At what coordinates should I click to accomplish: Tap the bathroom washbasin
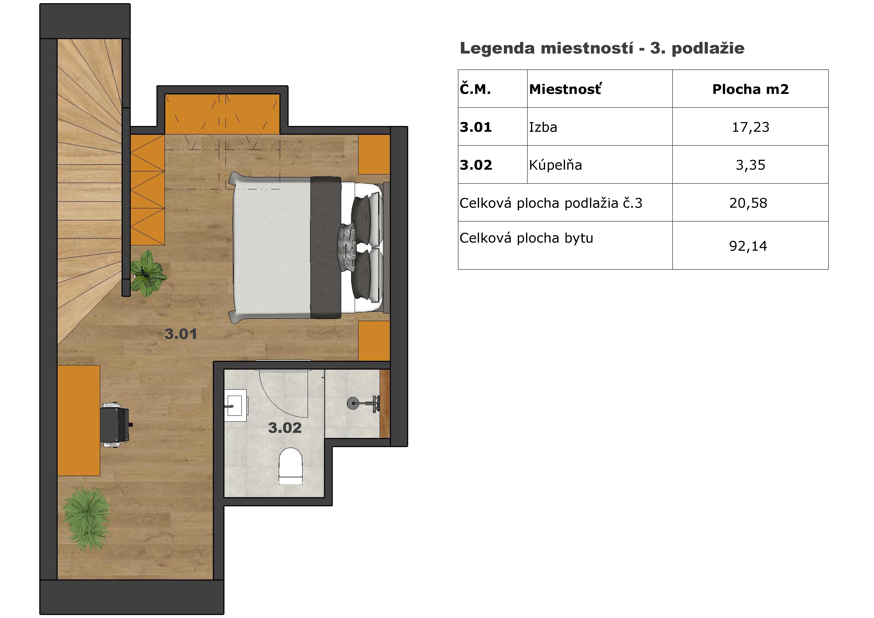point(236,405)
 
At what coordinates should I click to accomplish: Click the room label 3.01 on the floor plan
point(181,334)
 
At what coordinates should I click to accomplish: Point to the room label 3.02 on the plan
point(285,428)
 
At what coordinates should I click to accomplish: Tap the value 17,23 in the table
point(750,127)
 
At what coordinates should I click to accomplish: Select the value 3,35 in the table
point(750,165)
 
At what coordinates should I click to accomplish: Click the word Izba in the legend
point(543,127)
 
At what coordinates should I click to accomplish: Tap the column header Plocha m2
point(750,89)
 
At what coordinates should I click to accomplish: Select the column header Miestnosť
point(565,89)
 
